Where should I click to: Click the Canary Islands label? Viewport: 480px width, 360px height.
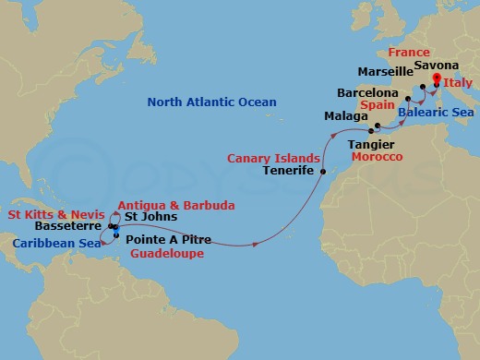274,157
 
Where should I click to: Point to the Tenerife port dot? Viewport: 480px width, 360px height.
322,172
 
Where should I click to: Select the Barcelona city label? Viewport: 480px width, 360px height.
367,93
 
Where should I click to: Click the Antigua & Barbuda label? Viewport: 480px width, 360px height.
175,204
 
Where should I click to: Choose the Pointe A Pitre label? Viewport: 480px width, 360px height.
168,239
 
